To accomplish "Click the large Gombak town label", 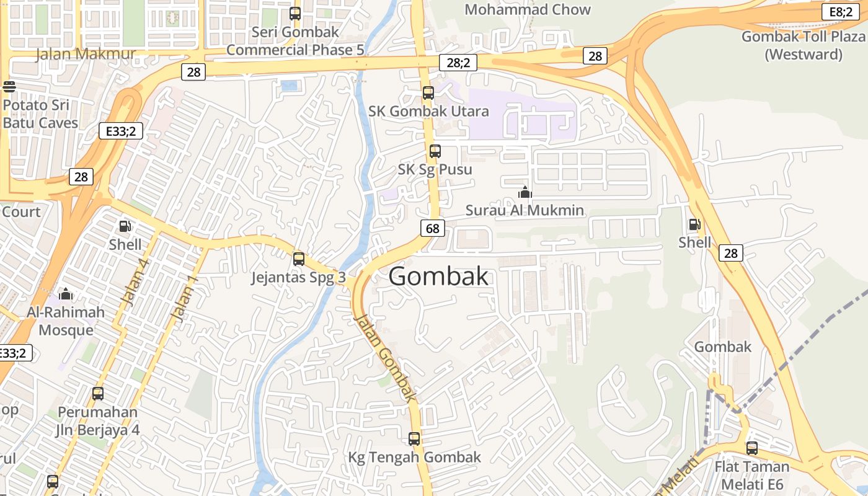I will coord(438,277).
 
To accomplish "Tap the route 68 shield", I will coord(432,228).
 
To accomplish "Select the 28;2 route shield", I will coord(458,62).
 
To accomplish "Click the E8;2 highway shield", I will coord(840,11).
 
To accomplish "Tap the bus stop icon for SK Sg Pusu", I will coord(435,151).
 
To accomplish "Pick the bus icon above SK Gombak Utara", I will coord(428,93).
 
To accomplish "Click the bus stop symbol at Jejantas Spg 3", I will coord(299,259).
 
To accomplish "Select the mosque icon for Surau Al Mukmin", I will coord(525,193).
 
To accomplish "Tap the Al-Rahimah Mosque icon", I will coord(66,293).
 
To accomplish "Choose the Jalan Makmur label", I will coord(86,54).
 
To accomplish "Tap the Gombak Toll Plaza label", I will coord(803,45).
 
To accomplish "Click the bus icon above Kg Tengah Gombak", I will coord(414,439).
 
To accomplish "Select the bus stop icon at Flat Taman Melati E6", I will coord(752,448).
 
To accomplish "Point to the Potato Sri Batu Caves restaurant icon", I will coord(9,86).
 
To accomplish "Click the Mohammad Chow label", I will coord(528,9).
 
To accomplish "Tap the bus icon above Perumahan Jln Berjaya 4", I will coord(98,393).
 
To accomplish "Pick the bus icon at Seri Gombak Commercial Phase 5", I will coord(295,13).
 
